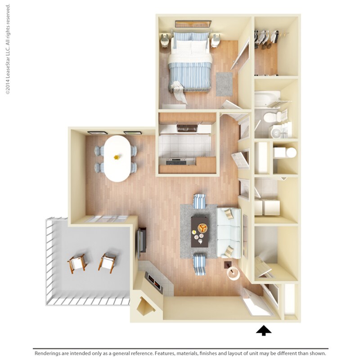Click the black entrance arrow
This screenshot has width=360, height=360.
[x=264, y=331]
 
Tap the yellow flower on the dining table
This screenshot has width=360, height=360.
[x=117, y=157]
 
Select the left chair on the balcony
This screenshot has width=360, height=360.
[x=77, y=263]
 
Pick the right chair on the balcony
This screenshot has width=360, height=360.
[x=108, y=262]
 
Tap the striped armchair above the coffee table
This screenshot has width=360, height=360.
[x=199, y=201]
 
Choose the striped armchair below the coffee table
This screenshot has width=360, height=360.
[x=199, y=264]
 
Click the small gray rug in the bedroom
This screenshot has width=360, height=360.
[x=224, y=84]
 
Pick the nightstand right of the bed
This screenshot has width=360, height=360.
[x=216, y=42]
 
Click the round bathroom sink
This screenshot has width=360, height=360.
[x=275, y=132]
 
